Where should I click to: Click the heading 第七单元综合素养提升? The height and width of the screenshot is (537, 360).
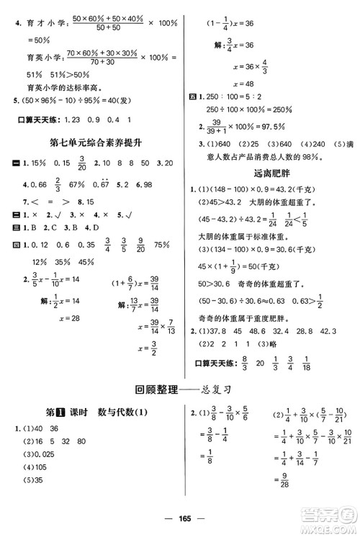94,143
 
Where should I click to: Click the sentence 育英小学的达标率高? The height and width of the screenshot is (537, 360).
55,84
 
